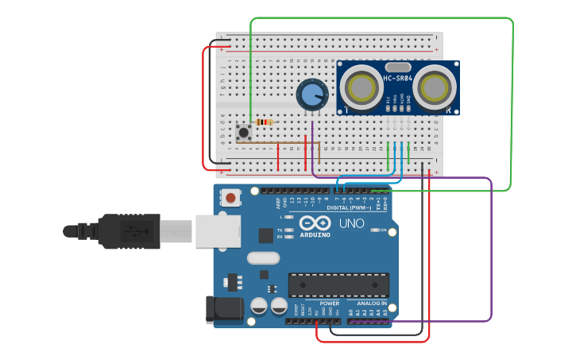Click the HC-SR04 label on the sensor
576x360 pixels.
tap(397, 78)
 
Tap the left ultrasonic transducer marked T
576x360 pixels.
tap(362, 87)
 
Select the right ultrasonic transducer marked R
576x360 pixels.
tap(434, 87)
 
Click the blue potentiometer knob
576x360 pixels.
tap(311, 95)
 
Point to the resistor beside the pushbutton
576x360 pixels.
tap(264, 122)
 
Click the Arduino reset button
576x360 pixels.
tap(230, 197)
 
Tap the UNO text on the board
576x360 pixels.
tap(352, 223)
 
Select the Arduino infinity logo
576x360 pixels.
tap(315, 223)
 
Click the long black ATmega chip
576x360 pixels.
tap(338, 285)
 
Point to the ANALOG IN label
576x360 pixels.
tap(372, 304)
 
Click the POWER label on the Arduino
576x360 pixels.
tap(329, 304)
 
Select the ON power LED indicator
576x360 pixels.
tap(374, 230)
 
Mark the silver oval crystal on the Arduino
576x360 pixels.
tap(263, 257)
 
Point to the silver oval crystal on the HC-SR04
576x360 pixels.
tap(397, 65)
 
